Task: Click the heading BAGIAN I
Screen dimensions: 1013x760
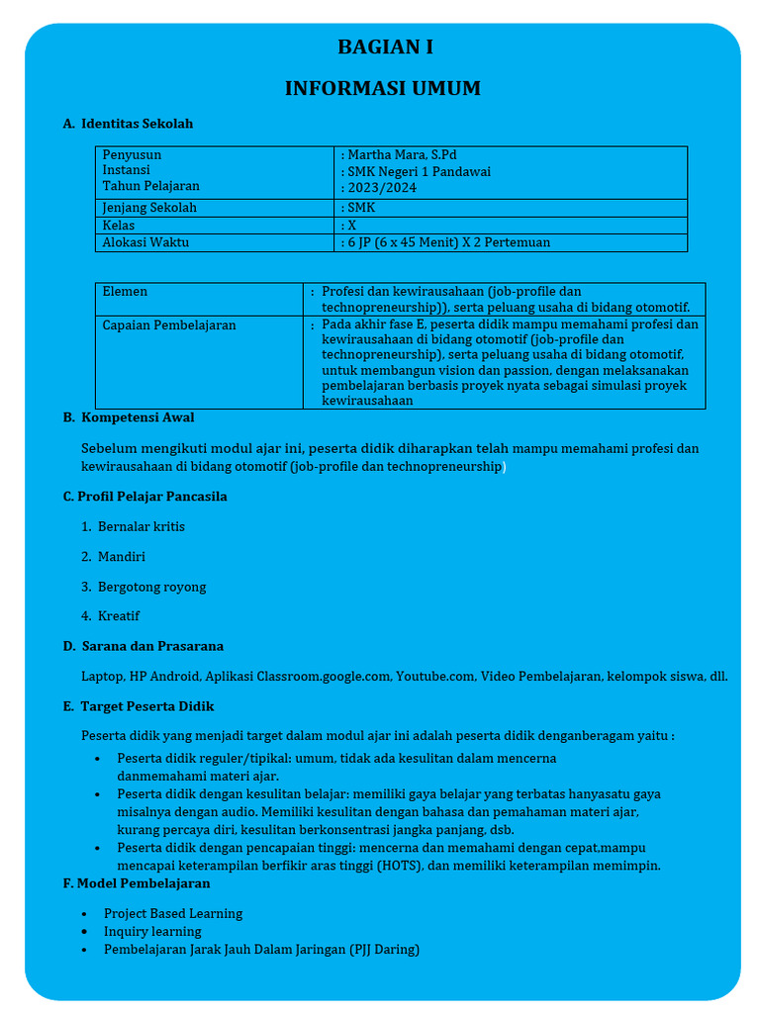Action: [x=385, y=47]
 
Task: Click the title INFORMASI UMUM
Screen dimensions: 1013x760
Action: [x=383, y=89]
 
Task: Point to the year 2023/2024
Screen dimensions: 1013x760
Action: [x=382, y=187]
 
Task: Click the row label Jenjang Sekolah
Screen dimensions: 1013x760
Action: [x=149, y=208]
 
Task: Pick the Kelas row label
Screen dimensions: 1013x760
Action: [x=119, y=226]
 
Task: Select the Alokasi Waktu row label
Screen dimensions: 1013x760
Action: [x=145, y=242]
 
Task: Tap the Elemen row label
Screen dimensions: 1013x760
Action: [x=125, y=292]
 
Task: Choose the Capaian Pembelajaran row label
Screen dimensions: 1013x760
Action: [x=169, y=325]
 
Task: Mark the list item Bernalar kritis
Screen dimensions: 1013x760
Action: [x=141, y=527]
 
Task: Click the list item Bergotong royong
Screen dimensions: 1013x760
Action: [x=151, y=588]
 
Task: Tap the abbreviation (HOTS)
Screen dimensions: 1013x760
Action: [x=394, y=867]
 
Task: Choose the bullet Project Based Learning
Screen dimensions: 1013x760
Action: [x=173, y=914]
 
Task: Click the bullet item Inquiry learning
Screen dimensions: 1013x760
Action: [x=152, y=932]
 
